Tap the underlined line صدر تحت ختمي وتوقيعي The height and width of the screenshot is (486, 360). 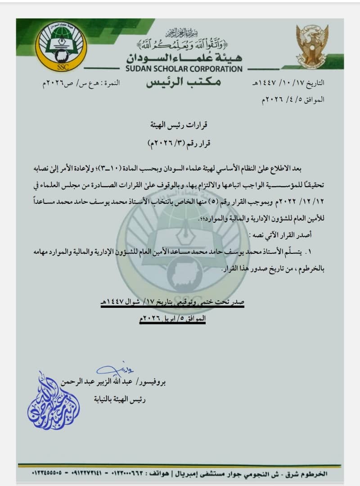coord(172,302)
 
